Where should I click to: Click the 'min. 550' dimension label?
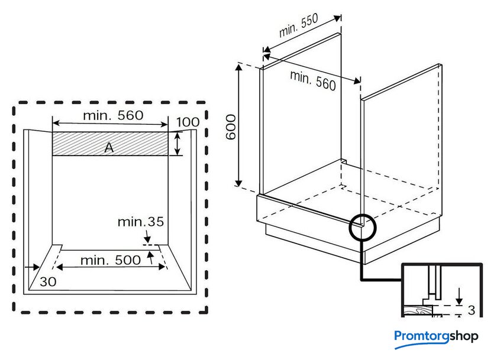click(x=299, y=27)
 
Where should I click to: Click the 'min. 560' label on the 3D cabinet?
click(x=313, y=80)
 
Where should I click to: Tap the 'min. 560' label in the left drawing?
click(x=112, y=115)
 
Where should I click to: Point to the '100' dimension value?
click(x=188, y=122)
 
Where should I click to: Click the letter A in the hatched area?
click(x=109, y=148)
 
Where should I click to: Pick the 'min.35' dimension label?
click(x=140, y=222)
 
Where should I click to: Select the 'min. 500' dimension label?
click(x=111, y=260)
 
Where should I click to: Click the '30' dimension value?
click(x=49, y=282)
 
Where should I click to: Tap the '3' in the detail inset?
click(x=472, y=310)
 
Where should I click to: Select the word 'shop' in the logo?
click(x=463, y=336)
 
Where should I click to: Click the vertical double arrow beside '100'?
click(x=179, y=144)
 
